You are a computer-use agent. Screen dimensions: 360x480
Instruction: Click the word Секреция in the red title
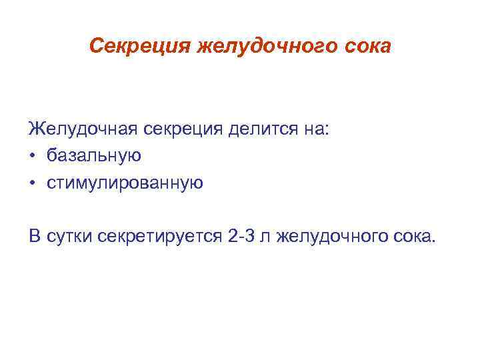[x=138, y=47]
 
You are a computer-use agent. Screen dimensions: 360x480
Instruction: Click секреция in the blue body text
[x=188, y=128]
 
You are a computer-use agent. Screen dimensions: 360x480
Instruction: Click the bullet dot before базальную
[x=33, y=156]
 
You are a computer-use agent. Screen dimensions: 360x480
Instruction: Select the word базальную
[x=94, y=156]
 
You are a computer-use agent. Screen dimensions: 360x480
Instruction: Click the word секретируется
[x=157, y=235]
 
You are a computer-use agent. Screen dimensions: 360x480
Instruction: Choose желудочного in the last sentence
[x=331, y=235]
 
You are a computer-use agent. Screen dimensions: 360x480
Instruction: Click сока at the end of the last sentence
[x=413, y=235]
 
